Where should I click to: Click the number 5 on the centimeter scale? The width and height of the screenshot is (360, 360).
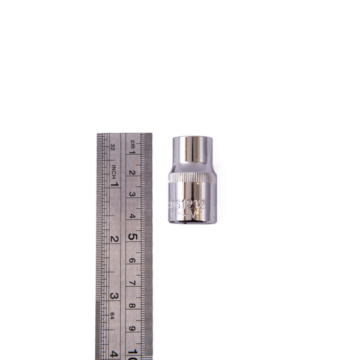[x=133, y=237]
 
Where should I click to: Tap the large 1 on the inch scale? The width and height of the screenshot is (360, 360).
[x=114, y=184]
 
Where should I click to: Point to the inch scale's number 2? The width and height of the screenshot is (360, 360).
[x=113, y=239]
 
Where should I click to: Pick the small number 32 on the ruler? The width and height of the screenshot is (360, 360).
[x=113, y=145]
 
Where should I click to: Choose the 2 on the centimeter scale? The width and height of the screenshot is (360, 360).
[x=133, y=173]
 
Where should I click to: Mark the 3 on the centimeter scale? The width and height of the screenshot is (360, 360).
[x=133, y=194]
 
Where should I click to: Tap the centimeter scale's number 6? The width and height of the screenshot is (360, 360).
[x=133, y=260]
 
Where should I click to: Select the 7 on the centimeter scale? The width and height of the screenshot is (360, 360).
[x=133, y=283]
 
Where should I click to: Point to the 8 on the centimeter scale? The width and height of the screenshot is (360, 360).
[x=133, y=305]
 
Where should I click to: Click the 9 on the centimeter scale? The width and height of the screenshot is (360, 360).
[x=133, y=328]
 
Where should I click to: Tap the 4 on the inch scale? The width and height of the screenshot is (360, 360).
[x=113, y=353]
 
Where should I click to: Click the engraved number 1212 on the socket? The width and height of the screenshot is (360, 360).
[x=193, y=204]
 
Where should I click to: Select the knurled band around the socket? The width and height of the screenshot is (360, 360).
[x=190, y=178]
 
